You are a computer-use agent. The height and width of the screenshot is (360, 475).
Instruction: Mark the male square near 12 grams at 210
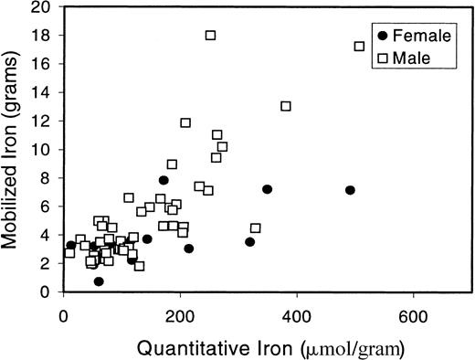click(185, 122)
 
